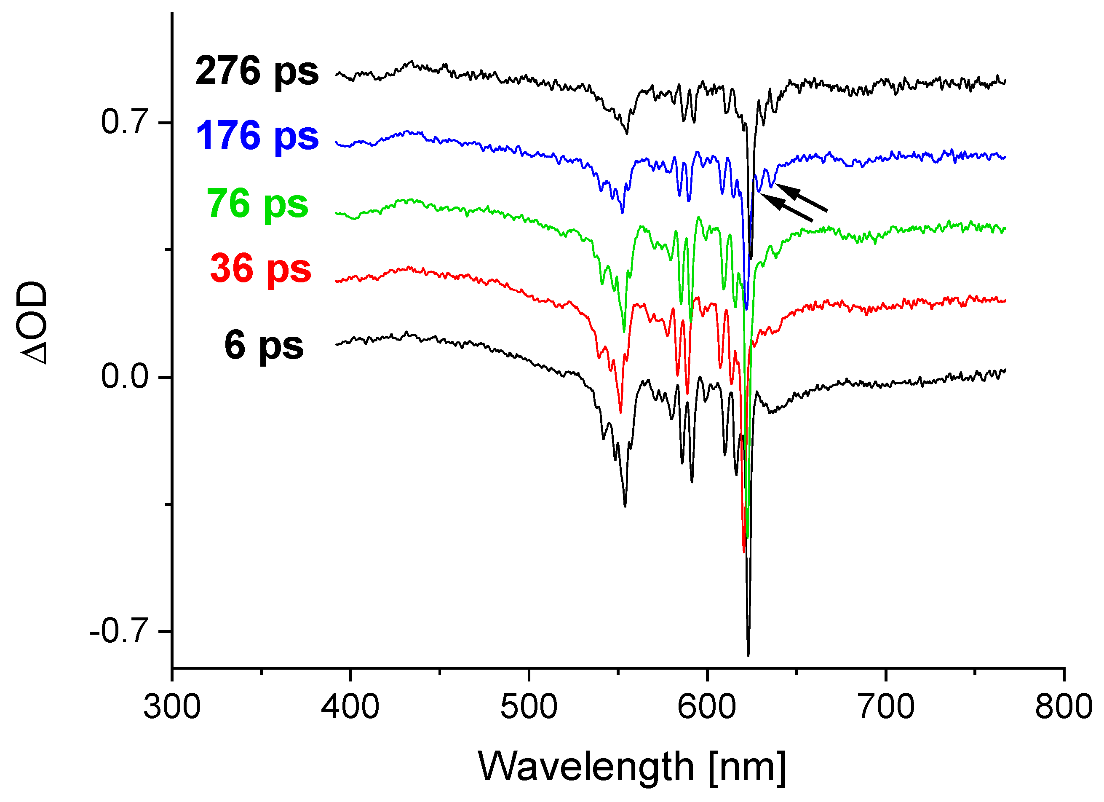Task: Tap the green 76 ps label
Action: click(x=257, y=204)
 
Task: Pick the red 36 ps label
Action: click(x=260, y=269)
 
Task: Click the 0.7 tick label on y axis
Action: click(x=124, y=122)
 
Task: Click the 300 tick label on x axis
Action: click(x=172, y=707)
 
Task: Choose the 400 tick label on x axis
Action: click(x=350, y=707)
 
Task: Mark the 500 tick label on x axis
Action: click(x=529, y=707)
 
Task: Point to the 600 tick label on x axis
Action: click(x=707, y=707)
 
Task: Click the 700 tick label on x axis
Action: click(x=885, y=707)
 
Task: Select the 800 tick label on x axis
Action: click(x=1064, y=707)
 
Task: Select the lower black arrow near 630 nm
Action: click(x=786, y=208)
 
